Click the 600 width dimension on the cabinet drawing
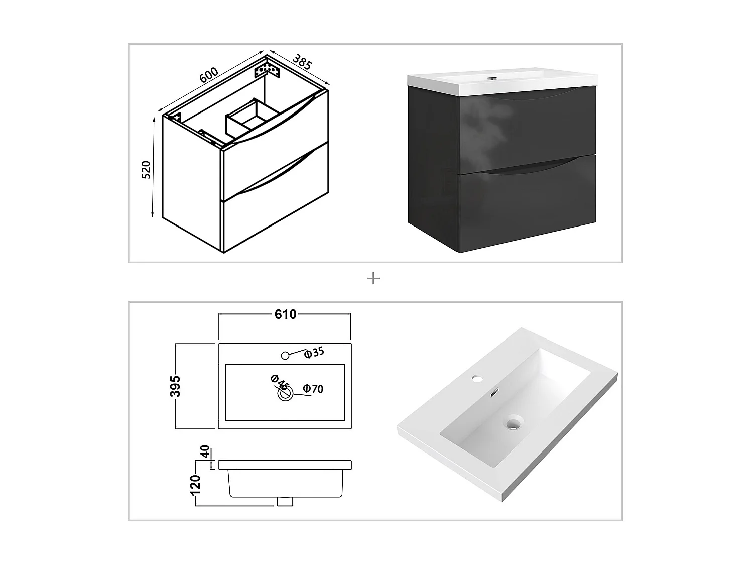click(x=209, y=75)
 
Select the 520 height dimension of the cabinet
click(x=146, y=170)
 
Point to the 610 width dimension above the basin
click(x=285, y=314)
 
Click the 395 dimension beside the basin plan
click(x=176, y=386)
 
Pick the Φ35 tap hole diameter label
click(x=315, y=352)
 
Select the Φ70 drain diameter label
click(x=314, y=389)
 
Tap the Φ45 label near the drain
click(x=280, y=382)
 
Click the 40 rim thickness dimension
click(x=204, y=452)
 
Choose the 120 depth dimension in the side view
click(x=196, y=485)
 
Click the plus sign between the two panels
click(x=373, y=278)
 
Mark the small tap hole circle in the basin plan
click(x=285, y=356)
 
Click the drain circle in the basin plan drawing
click(x=286, y=394)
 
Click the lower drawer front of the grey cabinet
click(x=527, y=206)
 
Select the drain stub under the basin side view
click(x=285, y=501)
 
